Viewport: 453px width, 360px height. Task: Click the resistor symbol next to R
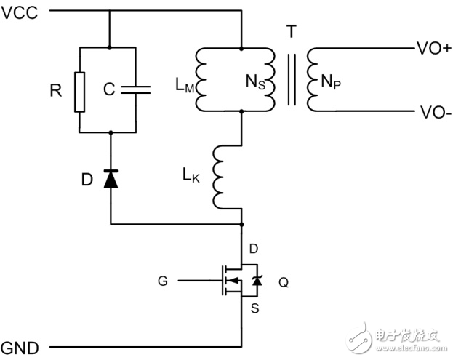[x=79, y=91]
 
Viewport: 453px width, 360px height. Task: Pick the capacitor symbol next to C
[x=137, y=91]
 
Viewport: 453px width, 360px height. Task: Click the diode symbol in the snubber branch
[x=110, y=179]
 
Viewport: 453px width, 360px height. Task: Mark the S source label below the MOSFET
[x=254, y=308]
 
